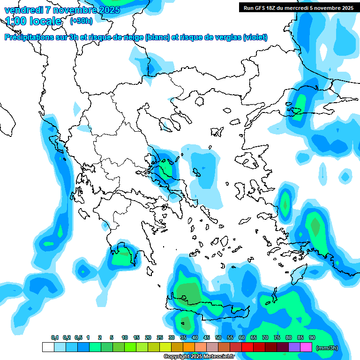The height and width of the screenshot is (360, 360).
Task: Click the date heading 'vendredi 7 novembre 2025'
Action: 62,9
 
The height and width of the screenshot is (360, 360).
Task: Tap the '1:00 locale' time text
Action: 33,21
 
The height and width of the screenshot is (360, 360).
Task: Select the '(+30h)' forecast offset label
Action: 81,21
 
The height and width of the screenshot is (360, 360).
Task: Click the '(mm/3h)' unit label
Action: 327,348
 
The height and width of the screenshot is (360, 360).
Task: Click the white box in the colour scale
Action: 48,347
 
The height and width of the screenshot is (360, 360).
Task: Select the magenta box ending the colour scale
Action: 306,347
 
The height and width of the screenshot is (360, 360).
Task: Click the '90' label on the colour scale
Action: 312,337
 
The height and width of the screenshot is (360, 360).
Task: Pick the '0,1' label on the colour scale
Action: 55,337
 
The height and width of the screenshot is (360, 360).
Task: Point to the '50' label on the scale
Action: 218,337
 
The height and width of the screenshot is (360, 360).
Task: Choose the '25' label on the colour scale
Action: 160,337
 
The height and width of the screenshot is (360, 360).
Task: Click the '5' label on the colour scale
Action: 112,337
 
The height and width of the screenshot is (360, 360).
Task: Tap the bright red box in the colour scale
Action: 247,347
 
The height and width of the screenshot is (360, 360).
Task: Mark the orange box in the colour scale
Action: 189,347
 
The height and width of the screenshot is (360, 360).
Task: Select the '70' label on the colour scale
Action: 265,337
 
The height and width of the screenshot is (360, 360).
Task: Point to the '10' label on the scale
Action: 125,337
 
